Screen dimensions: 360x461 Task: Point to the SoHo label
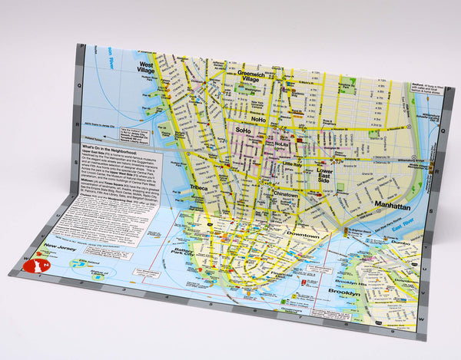point(244,131)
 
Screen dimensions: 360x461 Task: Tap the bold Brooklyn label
point(342,293)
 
